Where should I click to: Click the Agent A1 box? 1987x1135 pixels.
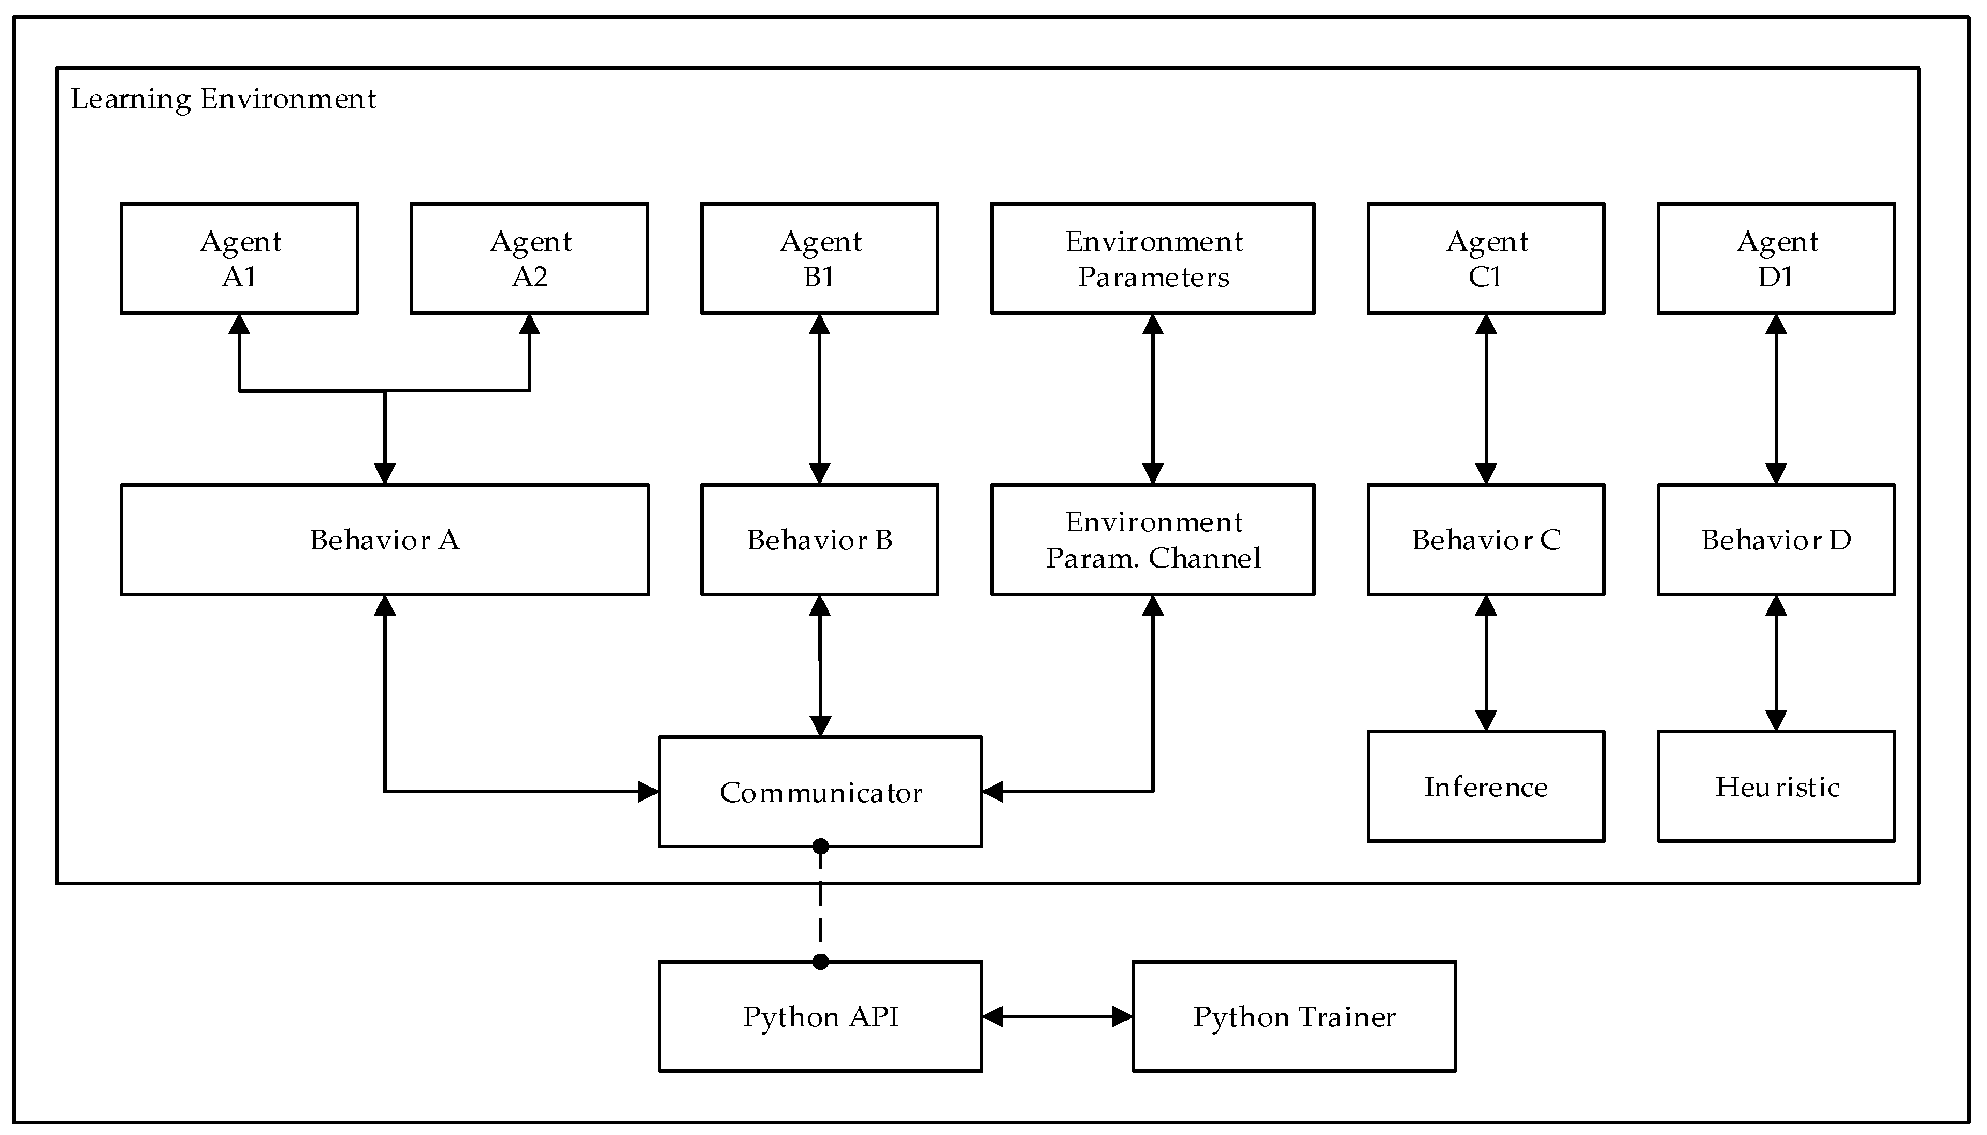pyautogui.click(x=239, y=259)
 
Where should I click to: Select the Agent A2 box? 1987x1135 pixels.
pyautogui.click(x=529, y=259)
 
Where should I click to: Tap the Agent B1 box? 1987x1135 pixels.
pyautogui.click(x=819, y=259)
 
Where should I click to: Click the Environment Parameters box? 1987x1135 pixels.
pyautogui.click(x=1152, y=259)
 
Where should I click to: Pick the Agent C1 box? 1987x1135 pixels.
pyautogui.click(x=1486, y=259)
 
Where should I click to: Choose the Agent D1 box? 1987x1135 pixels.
pyautogui.click(x=1776, y=259)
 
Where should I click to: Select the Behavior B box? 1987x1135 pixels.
pyautogui.click(x=819, y=540)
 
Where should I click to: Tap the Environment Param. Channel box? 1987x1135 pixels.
pyautogui.click(x=1152, y=540)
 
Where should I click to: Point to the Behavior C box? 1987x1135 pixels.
pyautogui.click(x=1486, y=540)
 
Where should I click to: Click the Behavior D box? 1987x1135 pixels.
pyautogui.click(x=1776, y=540)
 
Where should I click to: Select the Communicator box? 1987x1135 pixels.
pyautogui.click(x=820, y=792)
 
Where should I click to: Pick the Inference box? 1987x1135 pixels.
pyautogui.click(x=1486, y=787)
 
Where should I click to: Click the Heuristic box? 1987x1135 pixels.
pyautogui.click(x=1776, y=787)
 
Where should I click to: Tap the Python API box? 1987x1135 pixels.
pyautogui.click(x=820, y=1016)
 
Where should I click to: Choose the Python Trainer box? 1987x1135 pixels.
pyautogui.click(x=1294, y=1016)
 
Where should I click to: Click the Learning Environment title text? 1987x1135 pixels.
pyautogui.click(x=223, y=99)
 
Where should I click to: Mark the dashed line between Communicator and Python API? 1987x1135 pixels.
pyautogui.click(x=820, y=904)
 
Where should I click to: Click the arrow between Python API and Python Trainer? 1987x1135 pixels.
pyautogui.click(x=1057, y=1016)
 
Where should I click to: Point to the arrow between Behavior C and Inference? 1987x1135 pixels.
pyautogui.click(x=1486, y=663)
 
